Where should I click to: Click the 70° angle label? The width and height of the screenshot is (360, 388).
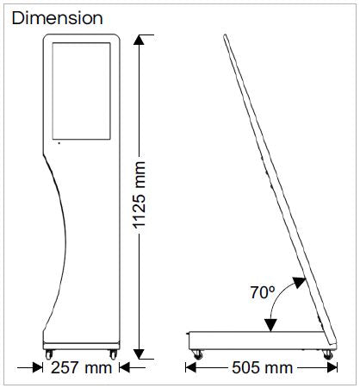pyautogui.click(x=263, y=293)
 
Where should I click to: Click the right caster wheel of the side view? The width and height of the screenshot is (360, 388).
pyautogui.click(x=327, y=353)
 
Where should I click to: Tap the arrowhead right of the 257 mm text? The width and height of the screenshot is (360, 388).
pyautogui.click(x=122, y=368)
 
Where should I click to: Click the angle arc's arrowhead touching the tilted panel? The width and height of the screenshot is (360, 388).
pyautogui.click(x=297, y=280)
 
